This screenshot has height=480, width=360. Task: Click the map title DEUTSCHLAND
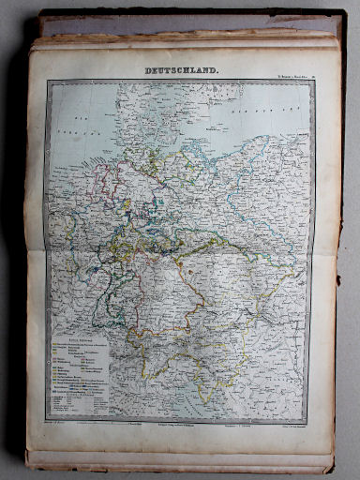pos(181,70)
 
